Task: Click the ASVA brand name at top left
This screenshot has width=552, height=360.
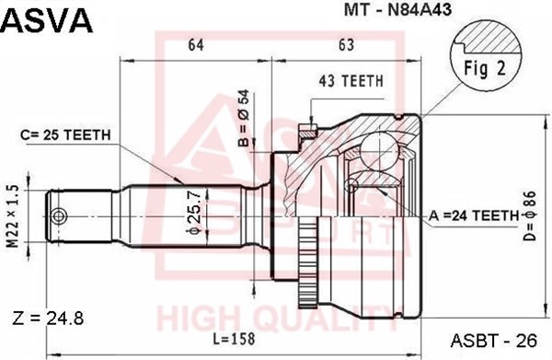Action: click(47, 20)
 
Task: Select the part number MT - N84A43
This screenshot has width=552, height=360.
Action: click(397, 10)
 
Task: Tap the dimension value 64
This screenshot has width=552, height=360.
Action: click(196, 45)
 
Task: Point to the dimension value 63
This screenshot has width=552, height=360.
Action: click(347, 45)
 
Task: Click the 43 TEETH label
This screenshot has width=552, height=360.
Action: click(351, 81)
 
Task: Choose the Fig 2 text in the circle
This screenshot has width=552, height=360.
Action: click(485, 68)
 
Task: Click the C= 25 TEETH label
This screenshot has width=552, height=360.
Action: click(66, 134)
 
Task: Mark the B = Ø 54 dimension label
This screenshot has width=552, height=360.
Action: click(244, 118)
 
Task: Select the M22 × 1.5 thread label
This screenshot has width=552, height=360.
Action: click(13, 216)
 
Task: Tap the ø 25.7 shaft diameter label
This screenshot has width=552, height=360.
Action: click(195, 212)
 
